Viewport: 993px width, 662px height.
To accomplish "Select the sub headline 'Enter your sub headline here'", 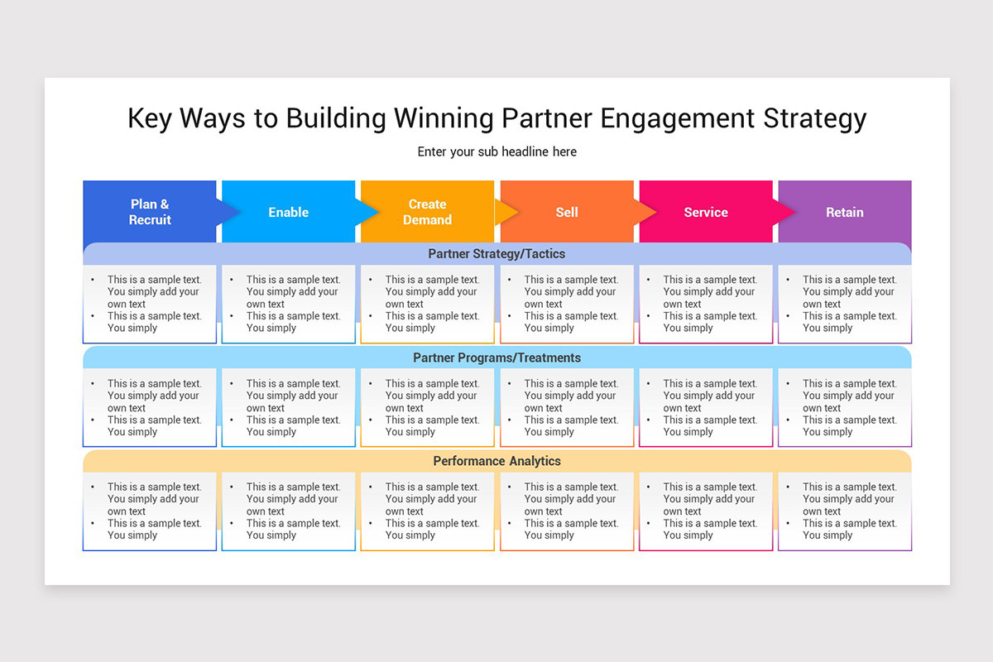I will point(496,151).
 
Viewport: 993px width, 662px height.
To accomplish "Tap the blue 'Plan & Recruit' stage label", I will point(150,212).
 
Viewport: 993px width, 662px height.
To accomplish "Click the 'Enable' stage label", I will point(288,212).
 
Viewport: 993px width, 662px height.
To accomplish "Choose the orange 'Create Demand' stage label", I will point(427,212).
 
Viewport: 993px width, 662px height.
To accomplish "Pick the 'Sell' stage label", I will point(567,212).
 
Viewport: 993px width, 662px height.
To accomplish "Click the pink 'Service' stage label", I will point(705,212).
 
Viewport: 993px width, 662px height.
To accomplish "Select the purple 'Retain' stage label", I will point(844,212).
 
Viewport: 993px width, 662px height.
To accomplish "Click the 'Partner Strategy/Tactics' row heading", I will point(496,254).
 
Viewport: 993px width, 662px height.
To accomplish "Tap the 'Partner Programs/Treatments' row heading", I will point(496,357).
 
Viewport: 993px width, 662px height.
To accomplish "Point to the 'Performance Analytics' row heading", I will point(496,461).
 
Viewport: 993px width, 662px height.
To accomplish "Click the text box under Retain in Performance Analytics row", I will point(844,511).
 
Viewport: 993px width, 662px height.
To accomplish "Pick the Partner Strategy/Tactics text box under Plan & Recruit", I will point(150,304).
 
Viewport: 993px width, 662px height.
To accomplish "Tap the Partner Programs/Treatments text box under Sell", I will point(567,407).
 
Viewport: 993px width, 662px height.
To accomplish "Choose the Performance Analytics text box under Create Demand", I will point(427,511).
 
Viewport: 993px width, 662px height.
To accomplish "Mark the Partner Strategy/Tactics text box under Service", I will point(705,304).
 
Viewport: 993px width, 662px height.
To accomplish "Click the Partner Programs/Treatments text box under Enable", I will point(288,407).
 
